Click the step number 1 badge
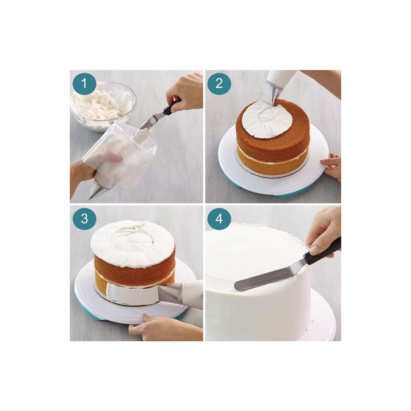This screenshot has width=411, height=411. click(84, 84)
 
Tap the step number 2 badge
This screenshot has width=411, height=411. click(219, 84)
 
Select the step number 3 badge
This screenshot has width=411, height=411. click(84, 219)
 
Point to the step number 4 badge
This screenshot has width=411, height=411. click(219, 219)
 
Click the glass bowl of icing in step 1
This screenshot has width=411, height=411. click(103, 106)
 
